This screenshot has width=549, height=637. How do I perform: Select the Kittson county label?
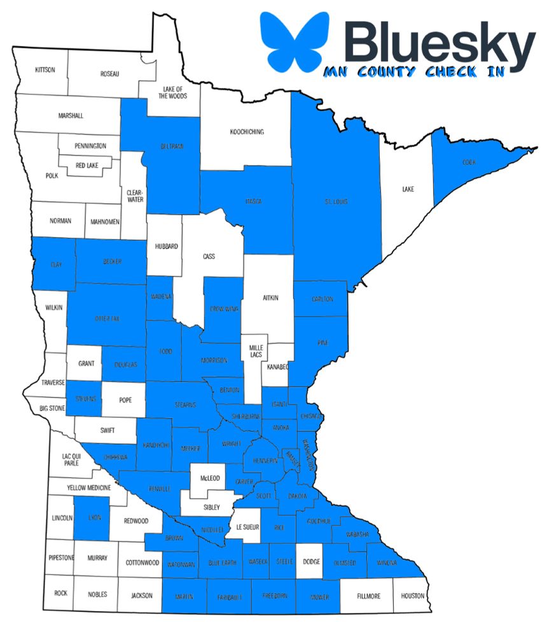(x=45, y=69)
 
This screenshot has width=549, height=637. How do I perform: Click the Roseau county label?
(x=110, y=74)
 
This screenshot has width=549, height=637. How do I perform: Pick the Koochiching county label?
(x=246, y=132)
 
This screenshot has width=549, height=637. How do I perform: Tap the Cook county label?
(x=469, y=162)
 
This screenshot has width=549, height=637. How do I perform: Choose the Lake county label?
(x=408, y=189)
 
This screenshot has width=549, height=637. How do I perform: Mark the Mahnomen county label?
(x=102, y=221)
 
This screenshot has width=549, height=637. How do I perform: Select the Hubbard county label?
(x=166, y=246)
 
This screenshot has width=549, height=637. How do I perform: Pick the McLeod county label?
(x=209, y=478)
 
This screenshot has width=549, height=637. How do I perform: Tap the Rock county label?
(x=60, y=593)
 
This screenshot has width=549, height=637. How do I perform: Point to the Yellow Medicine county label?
(x=89, y=488)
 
